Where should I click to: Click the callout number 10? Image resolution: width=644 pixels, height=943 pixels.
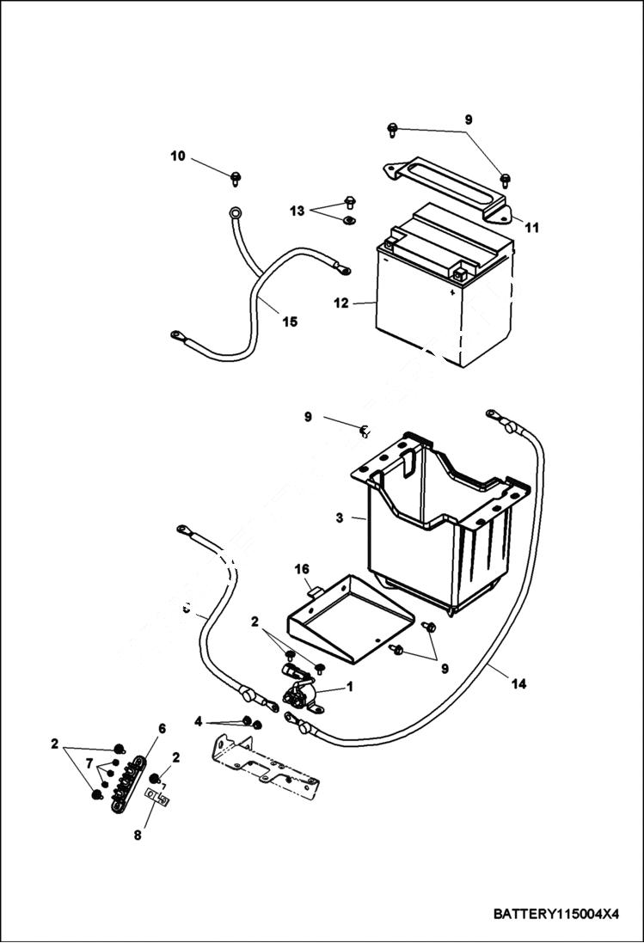point(178,156)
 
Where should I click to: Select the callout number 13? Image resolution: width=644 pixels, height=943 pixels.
point(297,211)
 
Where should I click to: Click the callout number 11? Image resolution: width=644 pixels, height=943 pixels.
point(532,228)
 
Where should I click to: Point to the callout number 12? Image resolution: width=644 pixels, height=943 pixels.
point(341,303)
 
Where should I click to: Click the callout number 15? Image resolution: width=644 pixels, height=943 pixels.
point(290,321)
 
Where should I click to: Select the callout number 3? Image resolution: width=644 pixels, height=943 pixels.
point(340,518)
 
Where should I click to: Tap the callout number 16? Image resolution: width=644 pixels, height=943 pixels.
point(302,570)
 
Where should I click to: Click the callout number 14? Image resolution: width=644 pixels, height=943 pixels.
point(518,684)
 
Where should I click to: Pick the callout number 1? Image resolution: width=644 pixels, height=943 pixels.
point(350,687)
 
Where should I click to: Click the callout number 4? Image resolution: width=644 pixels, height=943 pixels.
point(199,721)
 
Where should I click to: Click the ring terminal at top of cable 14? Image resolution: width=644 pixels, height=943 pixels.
point(494,416)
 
